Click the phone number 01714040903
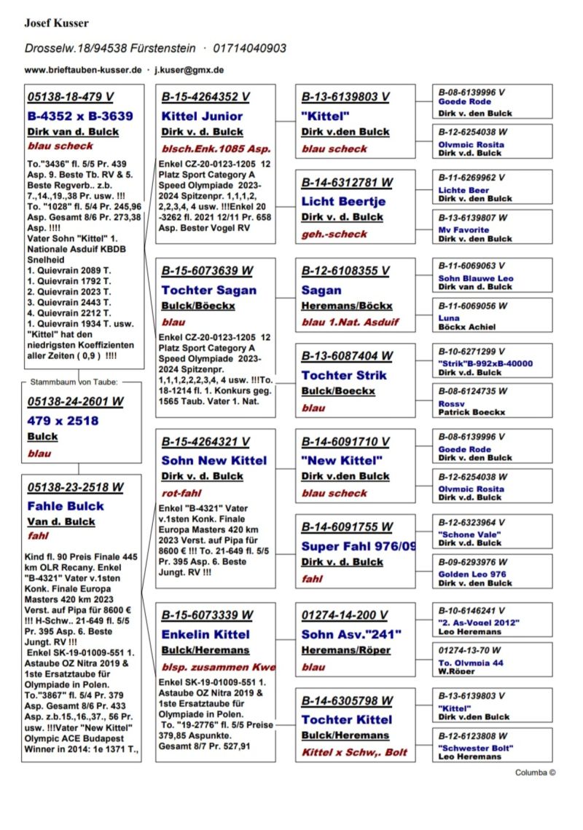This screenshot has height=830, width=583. tap(249, 49)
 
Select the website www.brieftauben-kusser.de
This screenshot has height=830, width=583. tap(82, 70)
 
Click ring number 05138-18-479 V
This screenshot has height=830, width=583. tap(70, 97)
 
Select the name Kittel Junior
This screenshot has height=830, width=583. tap(202, 116)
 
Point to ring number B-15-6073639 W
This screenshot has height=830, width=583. tap(207, 271)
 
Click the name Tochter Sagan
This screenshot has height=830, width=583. tap(208, 290)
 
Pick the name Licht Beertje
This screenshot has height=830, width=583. tap(343, 201)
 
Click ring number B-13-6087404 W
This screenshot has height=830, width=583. tap(347, 356)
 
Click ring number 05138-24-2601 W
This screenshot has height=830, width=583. tap(75, 401)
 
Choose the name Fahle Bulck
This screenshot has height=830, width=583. tap(66, 506)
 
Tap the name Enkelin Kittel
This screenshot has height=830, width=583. tap(206, 634)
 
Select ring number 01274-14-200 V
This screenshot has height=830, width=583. tap(344, 615)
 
